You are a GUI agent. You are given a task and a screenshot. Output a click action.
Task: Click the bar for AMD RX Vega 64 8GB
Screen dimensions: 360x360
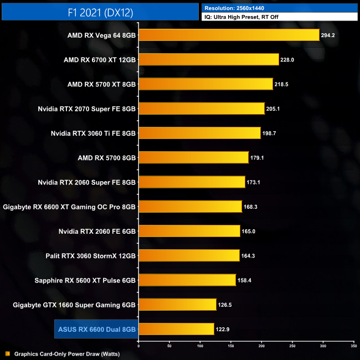pyautogui.click(x=229, y=35)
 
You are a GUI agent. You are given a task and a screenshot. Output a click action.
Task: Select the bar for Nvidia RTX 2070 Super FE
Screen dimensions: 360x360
pyautogui.click(x=201, y=109)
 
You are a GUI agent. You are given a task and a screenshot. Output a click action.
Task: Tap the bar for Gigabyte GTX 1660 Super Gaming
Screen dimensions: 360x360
pyautogui.click(x=177, y=304)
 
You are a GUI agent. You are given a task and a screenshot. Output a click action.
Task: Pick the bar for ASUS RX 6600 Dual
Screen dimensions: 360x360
pyautogui.click(x=176, y=329)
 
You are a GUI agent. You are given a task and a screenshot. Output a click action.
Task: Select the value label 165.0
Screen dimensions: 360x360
pyautogui.click(x=249, y=231)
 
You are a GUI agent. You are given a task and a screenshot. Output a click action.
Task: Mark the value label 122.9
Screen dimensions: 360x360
pyautogui.click(x=223, y=329)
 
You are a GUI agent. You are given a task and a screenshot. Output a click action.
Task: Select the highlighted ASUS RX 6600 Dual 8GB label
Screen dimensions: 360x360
pyautogui.click(x=96, y=329)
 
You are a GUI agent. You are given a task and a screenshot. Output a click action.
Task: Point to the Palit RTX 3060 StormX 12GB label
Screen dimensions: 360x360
pyautogui.click(x=90, y=255)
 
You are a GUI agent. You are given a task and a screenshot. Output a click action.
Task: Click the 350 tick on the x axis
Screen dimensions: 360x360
pyautogui.click(x=353, y=346)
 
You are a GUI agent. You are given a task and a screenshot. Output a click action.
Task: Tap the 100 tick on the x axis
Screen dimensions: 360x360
pyautogui.click(x=200, y=346)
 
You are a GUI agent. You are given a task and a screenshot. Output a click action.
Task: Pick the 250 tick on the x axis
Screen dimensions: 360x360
pyautogui.click(x=292, y=346)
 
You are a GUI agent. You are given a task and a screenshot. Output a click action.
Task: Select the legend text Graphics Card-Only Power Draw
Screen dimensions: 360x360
pyautogui.click(x=66, y=353)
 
